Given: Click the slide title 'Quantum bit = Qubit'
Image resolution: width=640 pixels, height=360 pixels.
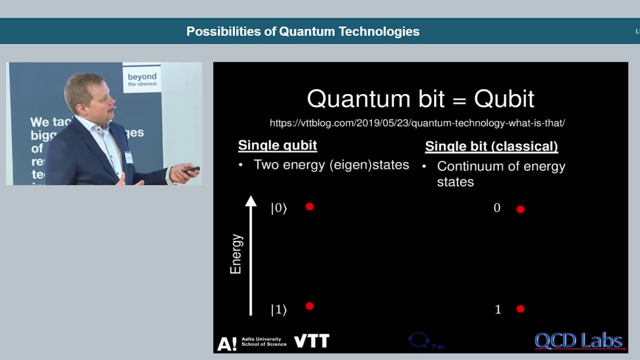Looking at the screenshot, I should pyautogui.click(x=420, y=99).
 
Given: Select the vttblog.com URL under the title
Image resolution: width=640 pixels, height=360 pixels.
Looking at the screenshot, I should pyautogui.click(x=417, y=123).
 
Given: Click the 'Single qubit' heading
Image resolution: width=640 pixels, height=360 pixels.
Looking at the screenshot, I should pyautogui.click(x=277, y=145).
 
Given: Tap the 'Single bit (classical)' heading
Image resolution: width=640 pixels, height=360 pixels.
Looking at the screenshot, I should pyautogui.click(x=491, y=146).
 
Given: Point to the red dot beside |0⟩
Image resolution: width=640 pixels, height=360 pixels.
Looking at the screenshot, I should pyautogui.click(x=309, y=206).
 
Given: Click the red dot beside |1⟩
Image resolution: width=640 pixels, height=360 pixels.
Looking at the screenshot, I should pyautogui.click(x=309, y=306).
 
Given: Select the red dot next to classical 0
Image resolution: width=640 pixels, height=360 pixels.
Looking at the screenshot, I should pyautogui.click(x=520, y=209).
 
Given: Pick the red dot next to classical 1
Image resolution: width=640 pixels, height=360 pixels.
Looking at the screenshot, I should pyautogui.click(x=520, y=309).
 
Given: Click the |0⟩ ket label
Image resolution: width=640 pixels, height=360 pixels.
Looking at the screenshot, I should pyautogui.click(x=278, y=208).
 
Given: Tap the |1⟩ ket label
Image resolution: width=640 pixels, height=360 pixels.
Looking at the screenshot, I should pyautogui.click(x=278, y=310).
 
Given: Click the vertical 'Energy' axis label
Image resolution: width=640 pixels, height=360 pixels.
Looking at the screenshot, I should pyautogui.click(x=235, y=254).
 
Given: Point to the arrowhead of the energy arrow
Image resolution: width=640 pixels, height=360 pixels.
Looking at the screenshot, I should pyautogui.click(x=250, y=201).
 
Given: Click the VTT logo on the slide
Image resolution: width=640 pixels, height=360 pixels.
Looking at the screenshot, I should pyautogui.click(x=311, y=341).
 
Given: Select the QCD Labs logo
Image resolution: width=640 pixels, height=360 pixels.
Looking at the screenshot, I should pyautogui.click(x=578, y=341).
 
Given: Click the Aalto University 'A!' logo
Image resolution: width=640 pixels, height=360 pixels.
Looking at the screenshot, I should pyautogui.click(x=226, y=344).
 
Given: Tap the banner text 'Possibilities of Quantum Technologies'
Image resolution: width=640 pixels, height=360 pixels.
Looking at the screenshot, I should pyautogui.click(x=302, y=31).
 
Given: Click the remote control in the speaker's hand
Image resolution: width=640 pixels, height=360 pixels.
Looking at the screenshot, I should pyautogui.click(x=191, y=170).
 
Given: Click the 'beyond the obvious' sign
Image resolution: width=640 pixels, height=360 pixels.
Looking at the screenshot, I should pyautogui.click(x=142, y=79).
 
